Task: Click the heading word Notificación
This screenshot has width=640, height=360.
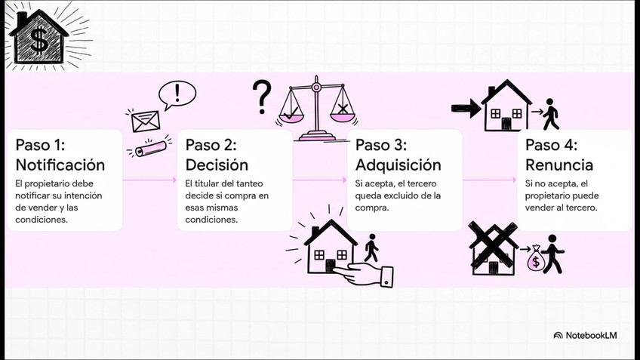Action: click(60, 165)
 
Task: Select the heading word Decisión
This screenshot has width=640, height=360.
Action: click(217, 165)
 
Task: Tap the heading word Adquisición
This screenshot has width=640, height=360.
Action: click(398, 165)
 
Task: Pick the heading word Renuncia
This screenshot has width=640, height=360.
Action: click(558, 165)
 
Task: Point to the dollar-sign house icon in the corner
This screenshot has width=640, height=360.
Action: click(39, 35)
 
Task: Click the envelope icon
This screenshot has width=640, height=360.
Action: click(146, 120)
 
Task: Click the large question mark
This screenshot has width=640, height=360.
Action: click(261, 97)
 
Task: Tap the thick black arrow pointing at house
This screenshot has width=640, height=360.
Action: click(464, 109)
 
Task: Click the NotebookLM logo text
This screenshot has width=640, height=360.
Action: click(589, 335)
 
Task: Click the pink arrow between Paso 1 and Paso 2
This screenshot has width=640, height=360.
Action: click(149, 180)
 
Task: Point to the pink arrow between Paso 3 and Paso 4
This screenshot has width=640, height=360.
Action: click(489, 180)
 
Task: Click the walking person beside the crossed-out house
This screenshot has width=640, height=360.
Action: click(555, 254)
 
